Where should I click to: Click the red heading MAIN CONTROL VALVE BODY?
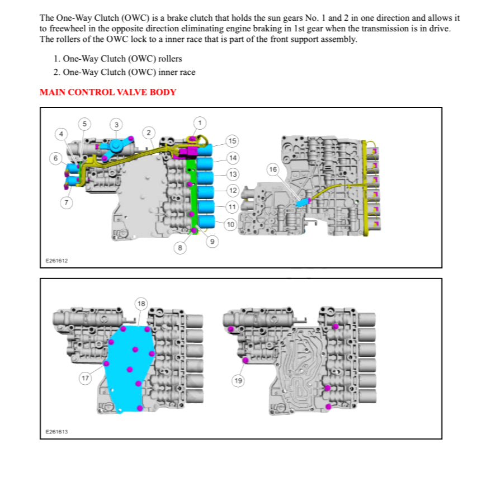point(108,92)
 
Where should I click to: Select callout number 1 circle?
point(200,122)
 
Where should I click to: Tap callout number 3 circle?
point(116,124)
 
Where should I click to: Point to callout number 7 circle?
point(66,202)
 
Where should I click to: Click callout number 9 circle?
point(212,241)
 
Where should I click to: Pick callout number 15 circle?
point(232,140)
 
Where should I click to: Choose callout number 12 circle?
point(232,191)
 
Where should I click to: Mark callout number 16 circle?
point(272,169)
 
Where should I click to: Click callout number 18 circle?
point(141,304)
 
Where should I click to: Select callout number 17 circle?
point(85,379)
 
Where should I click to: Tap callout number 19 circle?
point(238,381)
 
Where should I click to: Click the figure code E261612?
point(56,261)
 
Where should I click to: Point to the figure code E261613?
point(56,432)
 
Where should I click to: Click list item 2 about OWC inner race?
point(124,72)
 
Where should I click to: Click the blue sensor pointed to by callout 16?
point(304,202)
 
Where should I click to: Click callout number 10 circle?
point(230,224)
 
